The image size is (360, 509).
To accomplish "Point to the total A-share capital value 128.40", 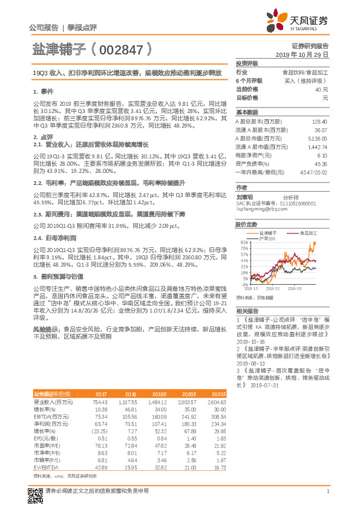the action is pyautogui.click(x=319, y=121).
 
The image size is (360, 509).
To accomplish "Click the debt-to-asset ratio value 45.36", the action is pyautogui.click(x=321, y=163).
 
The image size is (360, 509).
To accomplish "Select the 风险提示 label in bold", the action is pyautogui.click(x=46, y=328).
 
